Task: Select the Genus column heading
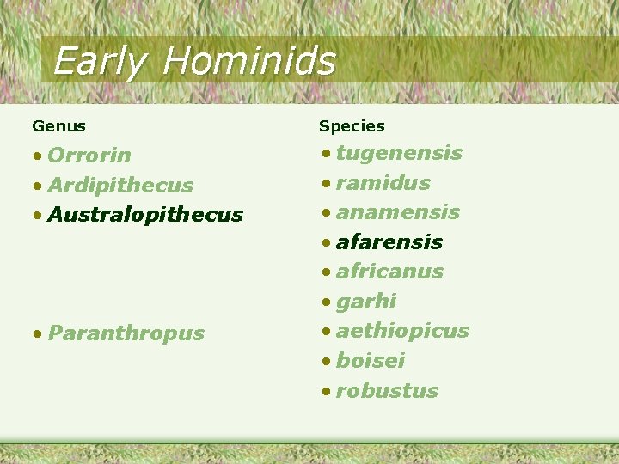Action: (x=58, y=126)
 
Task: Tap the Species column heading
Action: (x=352, y=126)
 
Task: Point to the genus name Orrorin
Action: (x=89, y=156)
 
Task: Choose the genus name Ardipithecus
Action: (x=120, y=186)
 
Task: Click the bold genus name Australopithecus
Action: (x=145, y=215)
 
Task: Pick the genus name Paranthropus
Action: (x=126, y=333)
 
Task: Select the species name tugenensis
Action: (x=399, y=154)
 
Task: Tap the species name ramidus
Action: (x=383, y=183)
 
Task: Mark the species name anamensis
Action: (x=398, y=212)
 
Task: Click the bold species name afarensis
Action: (x=389, y=242)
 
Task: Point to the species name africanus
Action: (x=389, y=272)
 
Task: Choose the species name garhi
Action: (x=366, y=302)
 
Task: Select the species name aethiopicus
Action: (x=402, y=331)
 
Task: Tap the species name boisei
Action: (x=371, y=361)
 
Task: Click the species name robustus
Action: (x=387, y=391)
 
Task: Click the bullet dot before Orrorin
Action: (x=38, y=156)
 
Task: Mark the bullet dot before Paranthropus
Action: (x=38, y=334)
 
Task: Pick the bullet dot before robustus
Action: (x=326, y=392)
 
